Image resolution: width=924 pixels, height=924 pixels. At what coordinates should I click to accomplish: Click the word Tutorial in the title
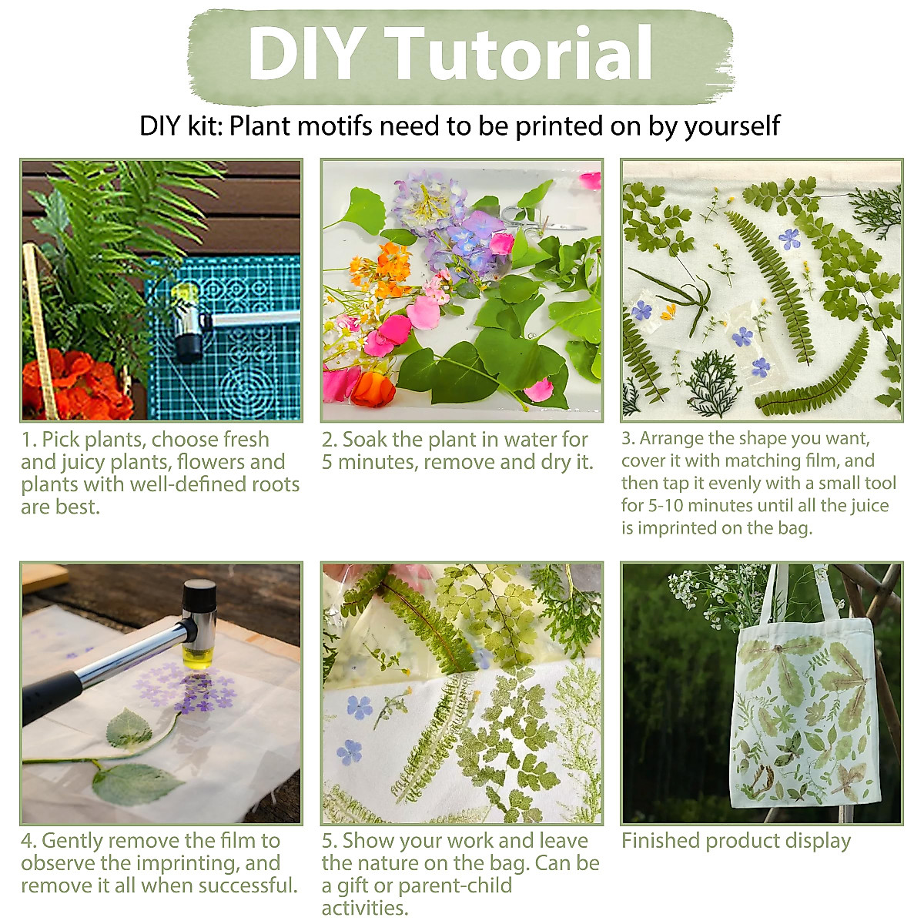521,54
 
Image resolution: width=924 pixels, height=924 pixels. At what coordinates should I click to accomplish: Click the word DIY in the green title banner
306,54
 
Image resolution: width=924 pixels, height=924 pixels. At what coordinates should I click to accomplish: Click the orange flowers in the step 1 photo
73,385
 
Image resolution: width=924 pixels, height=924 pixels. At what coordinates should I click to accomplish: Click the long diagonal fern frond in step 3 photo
770,285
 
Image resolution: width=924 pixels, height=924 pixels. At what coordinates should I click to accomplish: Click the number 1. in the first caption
29,440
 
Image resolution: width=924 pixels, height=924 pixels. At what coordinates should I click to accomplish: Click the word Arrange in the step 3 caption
670,439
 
